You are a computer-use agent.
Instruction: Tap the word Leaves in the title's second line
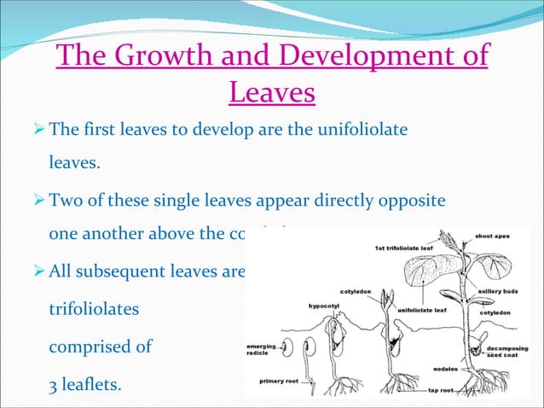(x=272, y=92)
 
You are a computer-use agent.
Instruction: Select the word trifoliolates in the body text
(x=94, y=311)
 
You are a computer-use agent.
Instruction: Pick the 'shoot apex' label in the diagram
(x=492, y=236)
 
